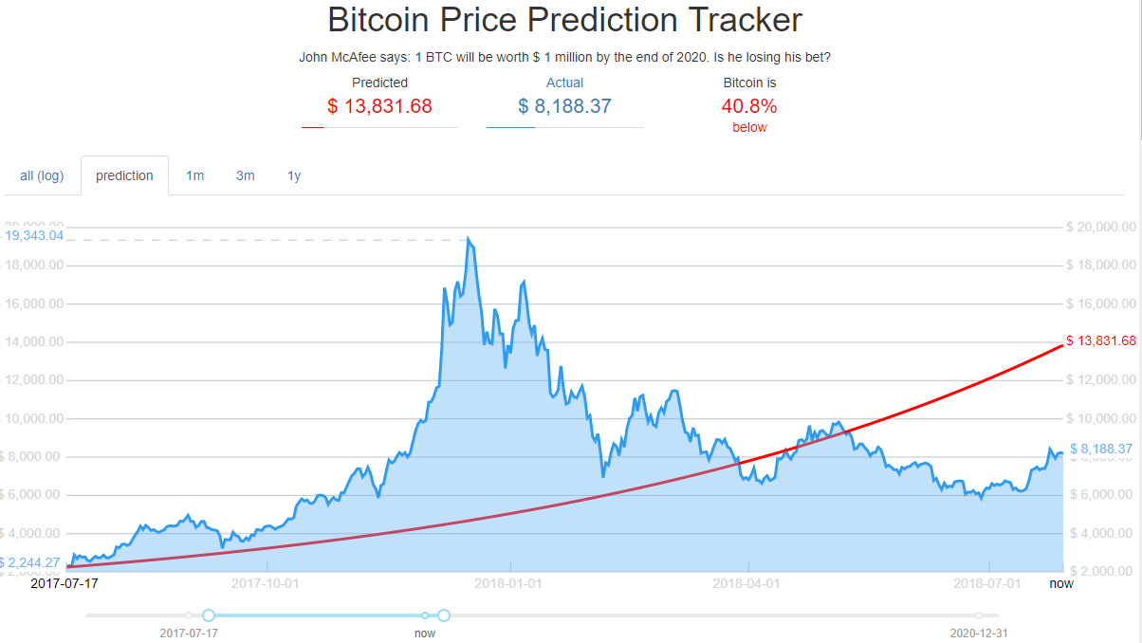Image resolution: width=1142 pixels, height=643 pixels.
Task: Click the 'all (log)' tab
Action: [42, 175]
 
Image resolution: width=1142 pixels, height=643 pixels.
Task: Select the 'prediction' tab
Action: [124, 175]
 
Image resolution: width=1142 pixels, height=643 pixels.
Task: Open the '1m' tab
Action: [194, 175]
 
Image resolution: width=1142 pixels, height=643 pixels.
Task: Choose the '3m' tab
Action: [246, 175]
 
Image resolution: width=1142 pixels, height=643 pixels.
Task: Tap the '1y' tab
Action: [294, 175]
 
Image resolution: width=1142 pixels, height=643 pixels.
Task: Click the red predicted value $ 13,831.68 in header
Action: [379, 106]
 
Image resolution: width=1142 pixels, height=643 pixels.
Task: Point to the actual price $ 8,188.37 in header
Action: [564, 106]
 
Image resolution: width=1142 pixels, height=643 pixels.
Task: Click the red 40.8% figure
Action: [749, 105]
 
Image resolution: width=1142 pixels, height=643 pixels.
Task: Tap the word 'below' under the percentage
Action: [749, 127]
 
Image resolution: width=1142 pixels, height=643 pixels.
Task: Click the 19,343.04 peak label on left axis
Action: [34, 234]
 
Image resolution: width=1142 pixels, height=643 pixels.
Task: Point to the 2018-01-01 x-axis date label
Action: [510, 583]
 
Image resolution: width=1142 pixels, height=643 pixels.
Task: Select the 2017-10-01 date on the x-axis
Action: [265, 583]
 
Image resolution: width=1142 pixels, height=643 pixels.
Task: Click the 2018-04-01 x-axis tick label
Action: [746, 583]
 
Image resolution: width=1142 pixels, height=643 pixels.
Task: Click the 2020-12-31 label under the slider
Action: [979, 632]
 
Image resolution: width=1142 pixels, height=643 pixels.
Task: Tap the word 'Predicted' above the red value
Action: [379, 83]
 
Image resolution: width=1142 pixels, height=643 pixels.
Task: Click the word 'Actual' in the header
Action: [564, 83]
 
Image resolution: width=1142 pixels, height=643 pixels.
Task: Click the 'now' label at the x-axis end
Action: [1061, 583]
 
